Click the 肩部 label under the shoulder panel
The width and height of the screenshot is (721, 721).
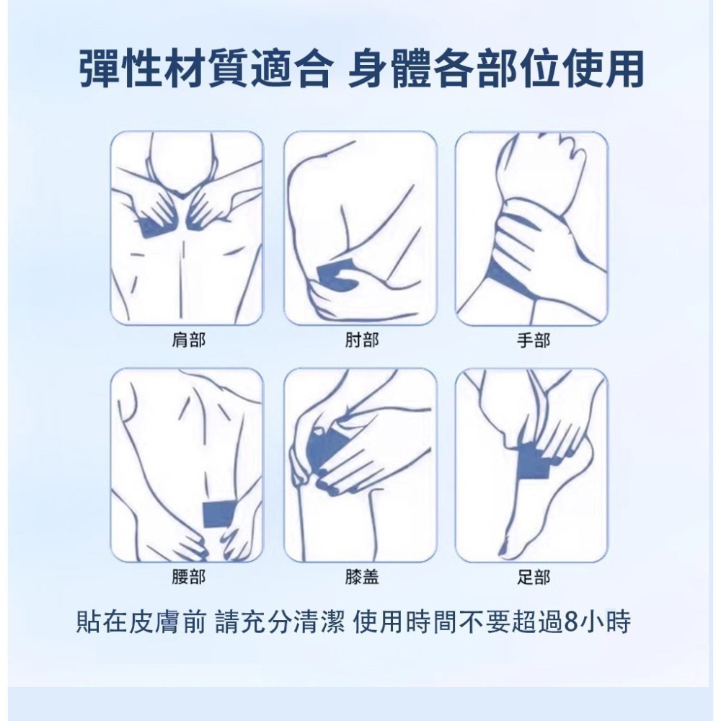coord(187,340)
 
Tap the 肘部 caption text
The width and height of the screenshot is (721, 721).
coord(360,340)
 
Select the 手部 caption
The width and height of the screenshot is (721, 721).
coord(533,340)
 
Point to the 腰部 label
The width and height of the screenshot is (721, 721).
coord(187,577)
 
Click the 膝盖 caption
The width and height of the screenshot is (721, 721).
coord(360,577)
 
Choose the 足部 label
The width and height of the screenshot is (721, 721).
coord(533,577)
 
